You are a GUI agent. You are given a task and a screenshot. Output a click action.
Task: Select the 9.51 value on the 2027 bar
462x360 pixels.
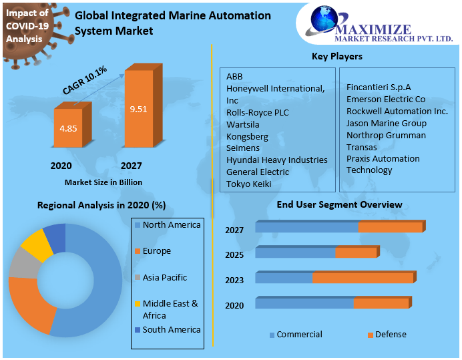tap(138, 109)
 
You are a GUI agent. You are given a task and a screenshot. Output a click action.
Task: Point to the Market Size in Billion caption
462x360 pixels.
tap(103, 182)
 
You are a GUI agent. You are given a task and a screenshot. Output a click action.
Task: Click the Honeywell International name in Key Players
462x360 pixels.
tap(275, 88)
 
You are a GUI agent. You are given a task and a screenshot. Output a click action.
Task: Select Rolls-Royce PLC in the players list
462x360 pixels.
tap(257, 112)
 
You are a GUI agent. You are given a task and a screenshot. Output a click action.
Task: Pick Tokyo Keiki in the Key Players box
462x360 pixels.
tap(248, 184)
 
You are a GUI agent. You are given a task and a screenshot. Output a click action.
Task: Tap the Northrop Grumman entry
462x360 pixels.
tap(385, 135)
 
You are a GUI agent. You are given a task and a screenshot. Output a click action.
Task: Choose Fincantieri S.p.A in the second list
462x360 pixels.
tap(379, 87)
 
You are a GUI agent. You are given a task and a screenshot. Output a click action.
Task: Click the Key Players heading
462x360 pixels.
tap(337, 56)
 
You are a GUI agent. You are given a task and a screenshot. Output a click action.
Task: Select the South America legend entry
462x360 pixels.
tap(172, 329)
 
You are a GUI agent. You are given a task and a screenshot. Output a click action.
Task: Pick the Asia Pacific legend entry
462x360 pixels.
tap(165, 277)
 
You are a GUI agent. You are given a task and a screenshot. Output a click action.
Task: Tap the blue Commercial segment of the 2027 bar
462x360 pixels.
tap(306, 228)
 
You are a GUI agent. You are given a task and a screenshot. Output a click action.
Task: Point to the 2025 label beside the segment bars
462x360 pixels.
tap(234, 255)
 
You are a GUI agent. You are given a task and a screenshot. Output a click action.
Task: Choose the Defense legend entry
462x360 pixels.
tap(391, 335)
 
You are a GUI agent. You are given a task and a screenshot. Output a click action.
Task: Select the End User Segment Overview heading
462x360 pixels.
tap(339, 204)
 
